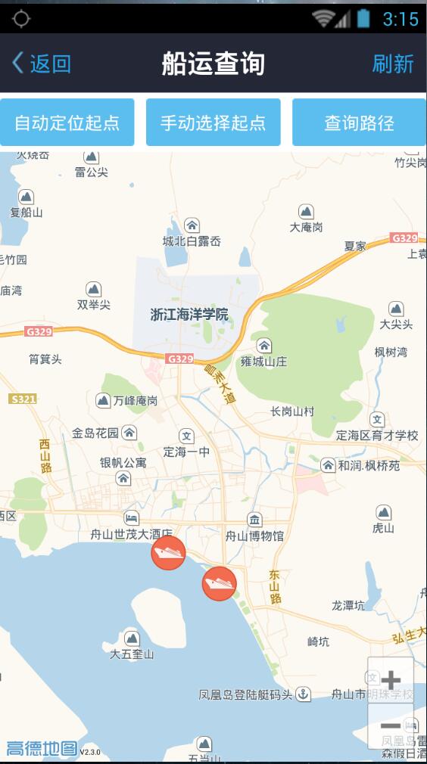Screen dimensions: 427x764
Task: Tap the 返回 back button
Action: (x=42, y=64)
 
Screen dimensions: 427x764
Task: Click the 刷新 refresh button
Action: (x=392, y=64)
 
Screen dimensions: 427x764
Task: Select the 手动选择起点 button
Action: (x=213, y=123)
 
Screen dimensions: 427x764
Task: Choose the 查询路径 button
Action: (x=359, y=123)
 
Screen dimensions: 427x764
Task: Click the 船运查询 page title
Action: (x=213, y=64)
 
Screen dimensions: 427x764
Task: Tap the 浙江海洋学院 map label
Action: (x=189, y=314)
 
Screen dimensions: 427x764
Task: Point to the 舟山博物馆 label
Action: (x=254, y=536)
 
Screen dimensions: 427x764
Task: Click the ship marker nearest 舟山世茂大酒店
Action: (x=168, y=553)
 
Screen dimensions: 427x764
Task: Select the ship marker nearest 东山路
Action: (x=219, y=583)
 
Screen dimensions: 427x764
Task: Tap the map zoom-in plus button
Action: (x=391, y=679)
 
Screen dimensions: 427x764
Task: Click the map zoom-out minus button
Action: (x=391, y=725)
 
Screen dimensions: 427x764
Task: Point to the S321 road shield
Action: (x=23, y=399)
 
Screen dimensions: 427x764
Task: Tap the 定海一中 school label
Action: (x=186, y=452)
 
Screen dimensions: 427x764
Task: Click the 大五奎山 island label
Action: (x=132, y=654)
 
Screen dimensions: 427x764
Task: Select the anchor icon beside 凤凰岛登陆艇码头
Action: (x=303, y=694)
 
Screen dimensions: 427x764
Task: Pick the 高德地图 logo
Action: (x=42, y=749)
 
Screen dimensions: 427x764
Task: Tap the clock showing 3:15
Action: (x=401, y=19)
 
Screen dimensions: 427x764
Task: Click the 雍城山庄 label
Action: (x=263, y=361)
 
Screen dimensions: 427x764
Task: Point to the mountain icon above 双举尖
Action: (x=94, y=289)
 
